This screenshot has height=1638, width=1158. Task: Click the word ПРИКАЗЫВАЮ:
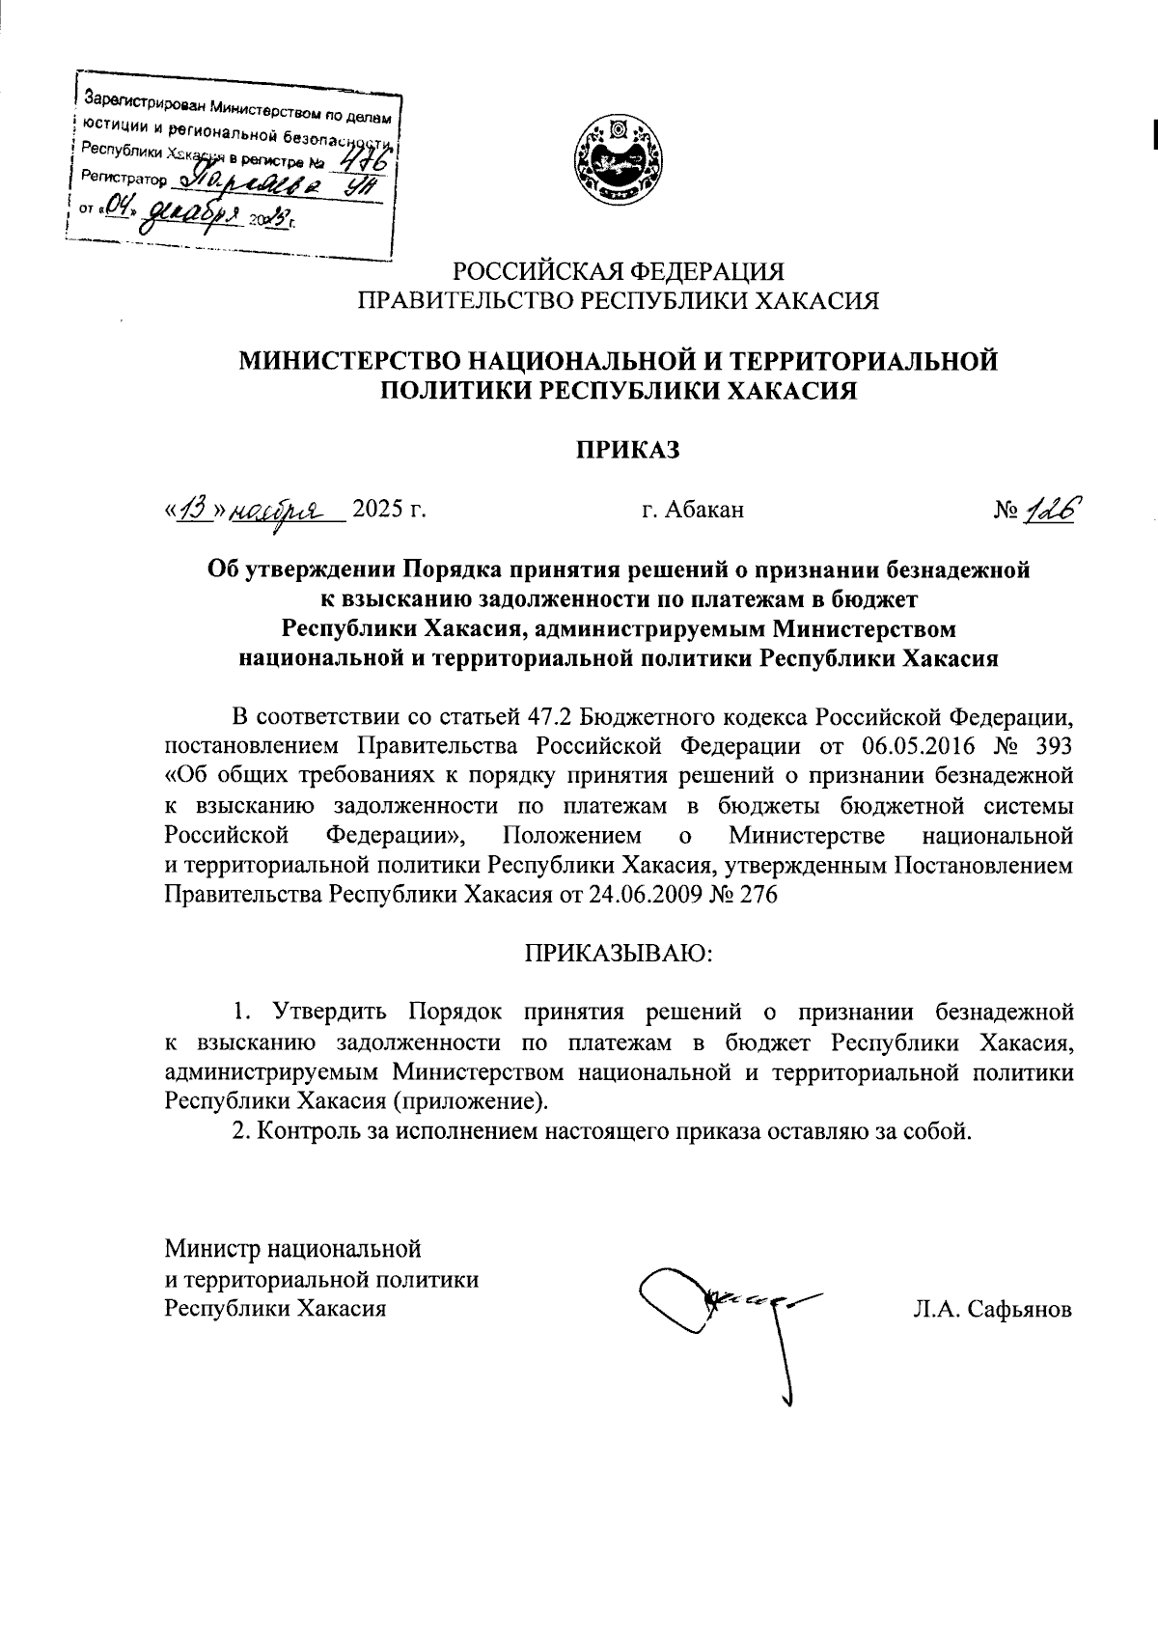pyautogui.click(x=618, y=953)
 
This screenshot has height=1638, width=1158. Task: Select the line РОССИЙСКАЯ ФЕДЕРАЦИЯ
pyautogui.click(x=619, y=271)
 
